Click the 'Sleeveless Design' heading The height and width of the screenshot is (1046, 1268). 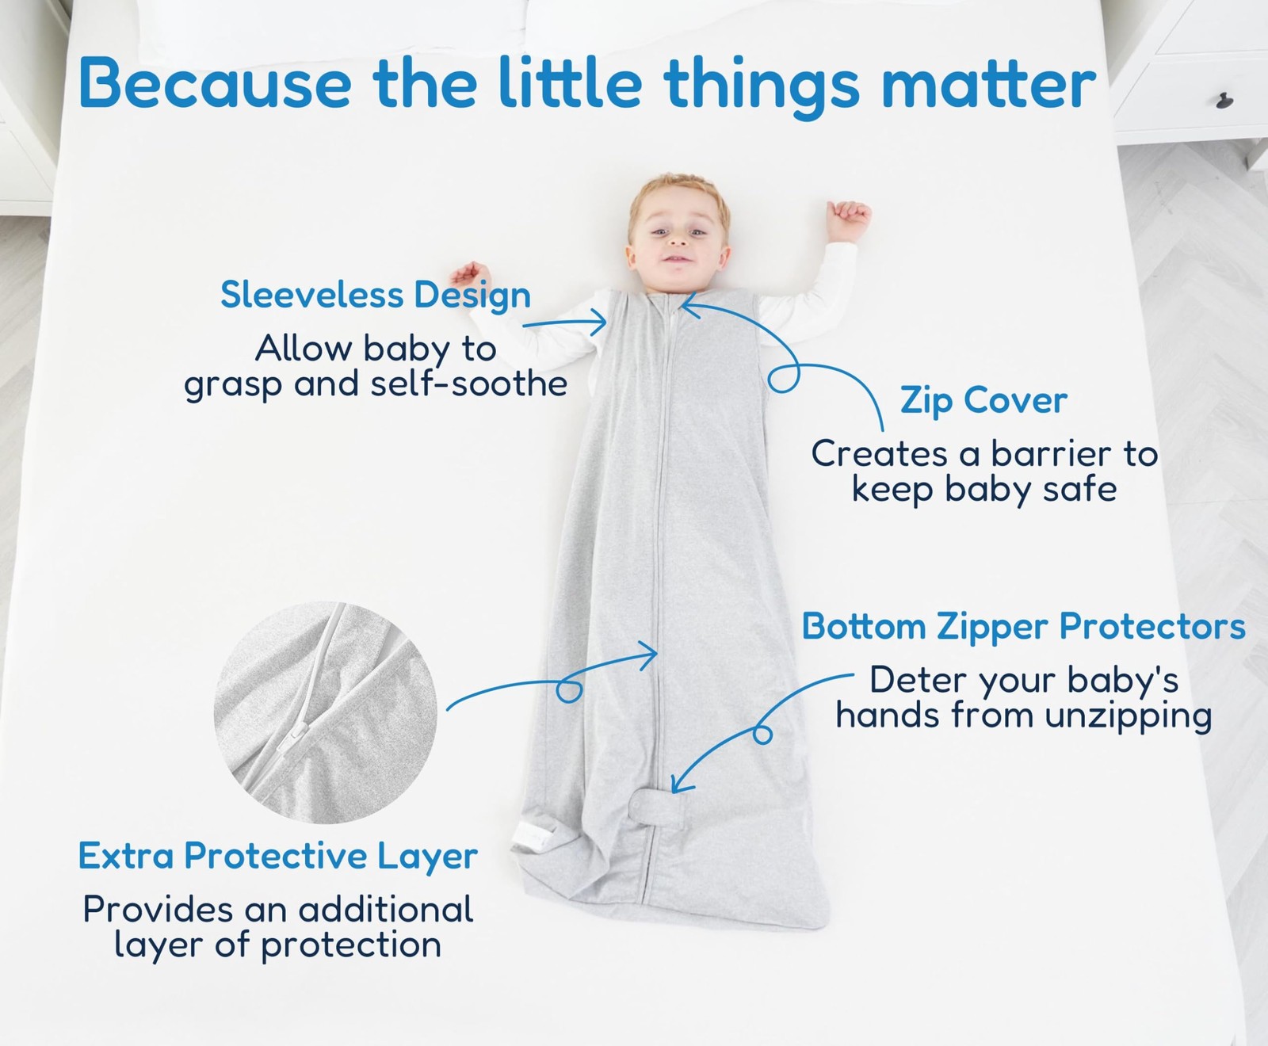[376, 296]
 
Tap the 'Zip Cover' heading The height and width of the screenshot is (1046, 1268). [983, 400]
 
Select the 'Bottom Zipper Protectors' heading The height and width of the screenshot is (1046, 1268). [1023, 627]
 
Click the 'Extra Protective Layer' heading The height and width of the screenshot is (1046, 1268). [278, 857]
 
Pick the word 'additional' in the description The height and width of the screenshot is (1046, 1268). [386, 910]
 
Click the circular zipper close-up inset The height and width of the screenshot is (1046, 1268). [325, 712]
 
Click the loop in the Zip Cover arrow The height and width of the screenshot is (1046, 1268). [784, 378]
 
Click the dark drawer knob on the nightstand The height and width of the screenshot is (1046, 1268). [1225, 101]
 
